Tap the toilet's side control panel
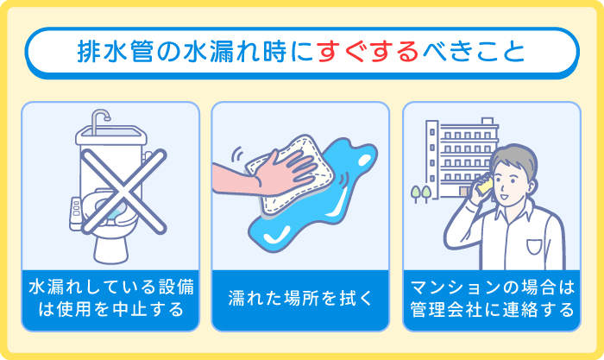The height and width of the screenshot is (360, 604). click(x=73, y=210)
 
